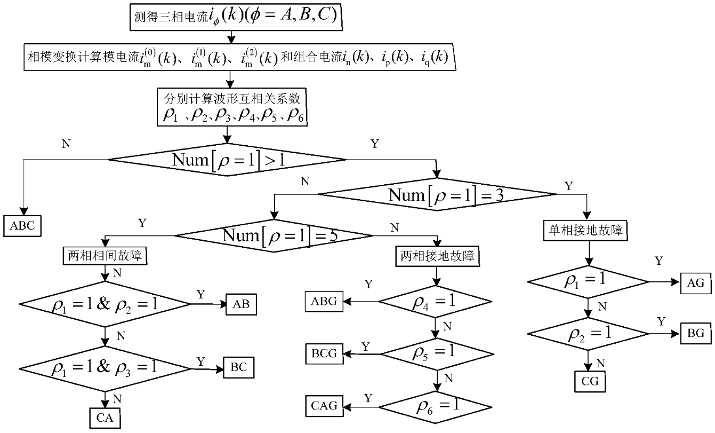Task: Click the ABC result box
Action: click(x=22, y=225)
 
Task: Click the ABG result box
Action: click(x=324, y=301)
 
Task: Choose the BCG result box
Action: click(x=324, y=353)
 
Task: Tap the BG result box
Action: click(x=696, y=333)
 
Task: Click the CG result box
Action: click(x=590, y=382)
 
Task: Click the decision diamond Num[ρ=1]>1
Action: click(x=228, y=159)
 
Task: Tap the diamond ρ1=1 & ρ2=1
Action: click(x=105, y=304)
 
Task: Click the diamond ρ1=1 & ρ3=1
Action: click(x=105, y=368)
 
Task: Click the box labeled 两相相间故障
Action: click(x=106, y=256)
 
